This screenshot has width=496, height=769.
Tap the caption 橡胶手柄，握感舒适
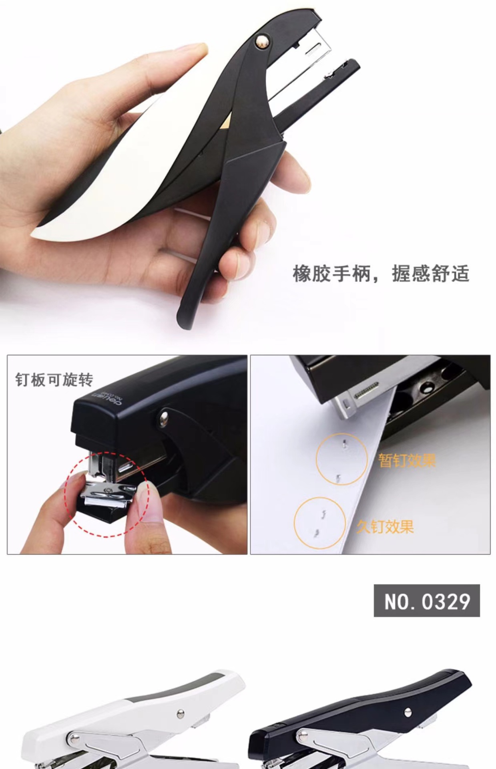(381, 274)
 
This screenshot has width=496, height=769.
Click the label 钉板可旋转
(54, 380)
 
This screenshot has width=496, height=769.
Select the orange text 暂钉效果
(407, 461)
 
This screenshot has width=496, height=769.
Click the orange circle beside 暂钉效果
(341, 459)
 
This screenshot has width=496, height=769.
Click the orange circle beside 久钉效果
(319, 523)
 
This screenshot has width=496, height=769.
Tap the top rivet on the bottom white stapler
(181, 713)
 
